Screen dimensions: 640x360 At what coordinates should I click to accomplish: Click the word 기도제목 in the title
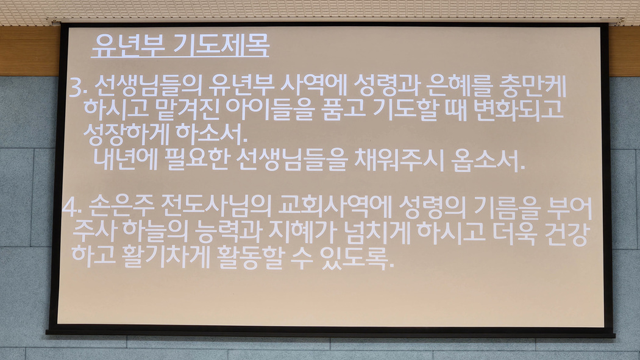221,45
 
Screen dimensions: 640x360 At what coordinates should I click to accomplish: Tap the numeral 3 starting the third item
76,87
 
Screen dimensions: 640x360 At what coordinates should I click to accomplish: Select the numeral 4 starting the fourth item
69,208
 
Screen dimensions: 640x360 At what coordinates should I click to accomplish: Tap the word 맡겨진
188,109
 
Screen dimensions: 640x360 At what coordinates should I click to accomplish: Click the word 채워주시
399,159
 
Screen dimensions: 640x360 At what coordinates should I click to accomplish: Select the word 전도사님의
216,206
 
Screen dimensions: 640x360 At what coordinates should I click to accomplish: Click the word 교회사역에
335,206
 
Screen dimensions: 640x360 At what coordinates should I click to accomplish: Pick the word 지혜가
302,231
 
